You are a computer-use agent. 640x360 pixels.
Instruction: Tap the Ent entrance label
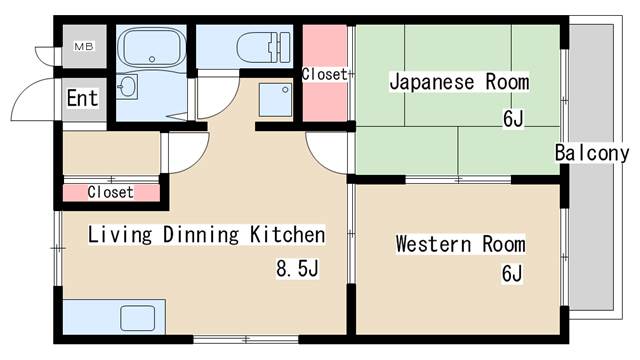point(83,98)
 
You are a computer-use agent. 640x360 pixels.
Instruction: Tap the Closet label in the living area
point(111,191)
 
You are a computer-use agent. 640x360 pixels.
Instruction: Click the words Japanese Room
point(459,82)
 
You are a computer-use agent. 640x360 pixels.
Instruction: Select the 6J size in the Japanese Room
point(512,120)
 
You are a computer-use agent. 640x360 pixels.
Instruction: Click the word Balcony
point(592,153)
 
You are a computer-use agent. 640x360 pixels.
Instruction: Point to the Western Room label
point(460,244)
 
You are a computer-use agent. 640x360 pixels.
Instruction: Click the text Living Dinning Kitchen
point(207,235)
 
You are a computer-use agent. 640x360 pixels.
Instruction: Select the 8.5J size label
point(297,268)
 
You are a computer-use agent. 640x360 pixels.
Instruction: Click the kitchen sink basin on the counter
point(137,319)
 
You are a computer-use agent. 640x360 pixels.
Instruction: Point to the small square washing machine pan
point(273,97)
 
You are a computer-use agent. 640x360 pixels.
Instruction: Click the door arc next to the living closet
point(186,152)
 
